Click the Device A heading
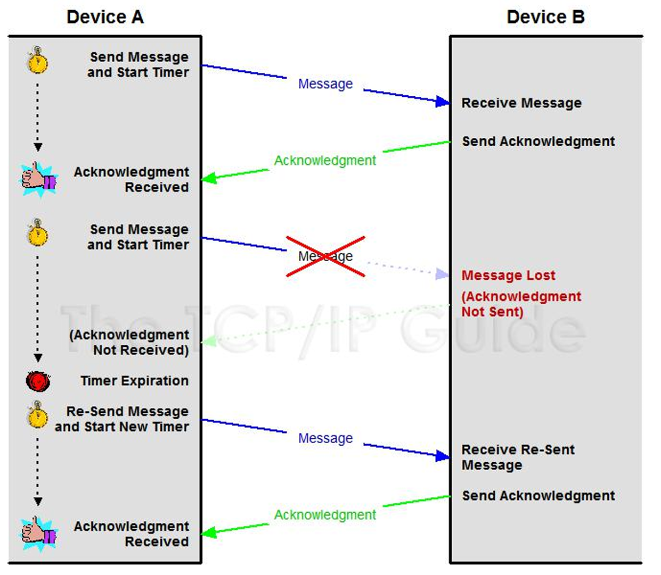[x=105, y=17]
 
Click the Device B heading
[x=545, y=17]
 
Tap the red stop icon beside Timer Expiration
[x=38, y=381]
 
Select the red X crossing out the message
[x=325, y=256]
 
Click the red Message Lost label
[x=508, y=275]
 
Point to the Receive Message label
[x=521, y=103]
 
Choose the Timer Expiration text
[x=134, y=381]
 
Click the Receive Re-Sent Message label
[x=518, y=457]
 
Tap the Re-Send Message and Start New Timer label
[x=122, y=419]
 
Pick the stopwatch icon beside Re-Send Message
[x=38, y=415]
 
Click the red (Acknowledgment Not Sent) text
[x=521, y=304]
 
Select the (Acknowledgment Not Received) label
[x=129, y=343]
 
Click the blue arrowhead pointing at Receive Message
[x=443, y=101]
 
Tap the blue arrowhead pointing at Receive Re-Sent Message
[x=443, y=456]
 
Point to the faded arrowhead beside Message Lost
[x=442, y=274]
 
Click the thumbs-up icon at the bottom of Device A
[x=39, y=533]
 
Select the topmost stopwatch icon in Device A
[x=37, y=60]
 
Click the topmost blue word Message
[x=325, y=84]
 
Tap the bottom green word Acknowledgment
[x=325, y=515]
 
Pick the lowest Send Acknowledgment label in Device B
[x=538, y=496]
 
